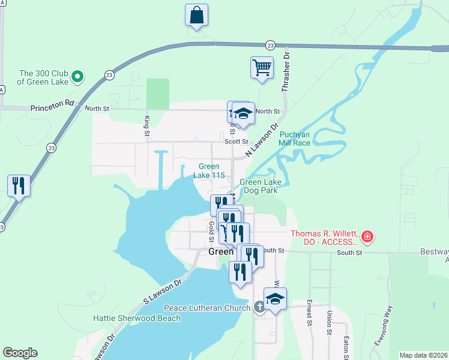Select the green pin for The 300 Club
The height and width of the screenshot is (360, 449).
point(77,76)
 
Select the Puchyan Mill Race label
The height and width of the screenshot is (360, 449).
point(294,139)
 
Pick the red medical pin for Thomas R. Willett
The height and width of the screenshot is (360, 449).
point(366,237)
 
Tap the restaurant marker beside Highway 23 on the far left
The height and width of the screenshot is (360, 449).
point(19,185)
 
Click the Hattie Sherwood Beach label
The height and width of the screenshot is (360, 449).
point(137,318)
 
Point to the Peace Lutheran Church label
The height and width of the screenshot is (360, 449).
point(206,308)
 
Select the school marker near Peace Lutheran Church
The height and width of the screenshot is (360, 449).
point(275,299)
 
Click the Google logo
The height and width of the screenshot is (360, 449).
point(20,353)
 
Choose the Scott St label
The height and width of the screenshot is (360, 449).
point(236,142)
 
